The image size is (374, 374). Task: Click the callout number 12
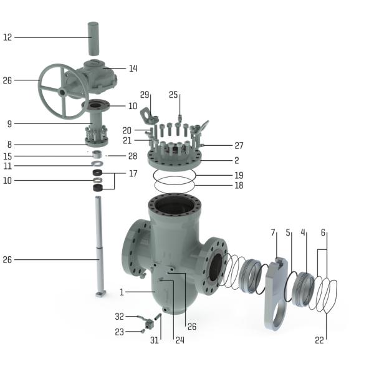[x=7, y=37]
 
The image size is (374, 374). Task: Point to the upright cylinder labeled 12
[x=93, y=39]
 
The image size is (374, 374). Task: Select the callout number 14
[x=133, y=69]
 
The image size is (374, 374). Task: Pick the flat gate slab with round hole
[x=274, y=293]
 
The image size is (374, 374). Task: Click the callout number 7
[x=273, y=233]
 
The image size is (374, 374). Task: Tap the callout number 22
[x=320, y=340]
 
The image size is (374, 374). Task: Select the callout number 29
[x=145, y=95]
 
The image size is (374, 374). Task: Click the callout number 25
[x=174, y=95]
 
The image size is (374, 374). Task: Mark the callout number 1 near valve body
[x=122, y=292]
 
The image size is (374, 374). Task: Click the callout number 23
[x=120, y=332]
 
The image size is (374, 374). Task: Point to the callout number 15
[x=7, y=156]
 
